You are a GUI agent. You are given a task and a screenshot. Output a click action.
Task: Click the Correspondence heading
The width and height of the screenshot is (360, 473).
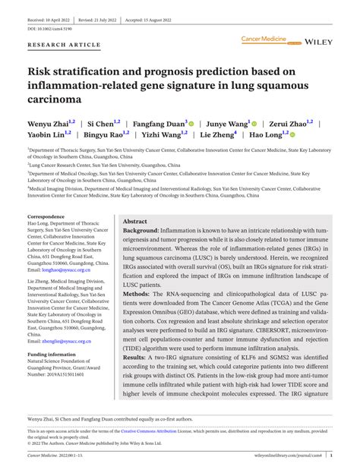click(x=48, y=217)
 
